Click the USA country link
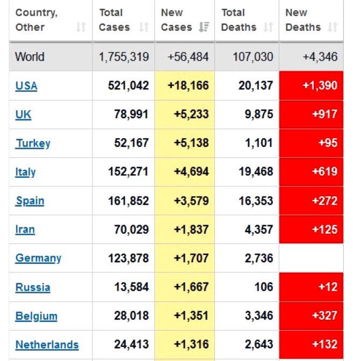pyautogui.click(x=26, y=86)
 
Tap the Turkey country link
pyautogui.click(x=33, y=143)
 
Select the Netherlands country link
pyautogui.click(x=47, y=345)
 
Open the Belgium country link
pyautogui.click(x=36, y=316)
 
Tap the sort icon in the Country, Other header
pyautogui.click(x=81, y=27)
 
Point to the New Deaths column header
pyautogui.click(x=304, y=20)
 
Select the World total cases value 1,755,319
pyautogui.click(x=124, y=57)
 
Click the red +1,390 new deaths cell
pyautogui.click(x=311, y=86)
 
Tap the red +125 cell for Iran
pyautogui.click(x=311, y=230)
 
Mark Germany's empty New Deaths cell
pyautogui.click(x=311, y=258)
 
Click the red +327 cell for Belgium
pyautogui.click(x=311, y=316)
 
